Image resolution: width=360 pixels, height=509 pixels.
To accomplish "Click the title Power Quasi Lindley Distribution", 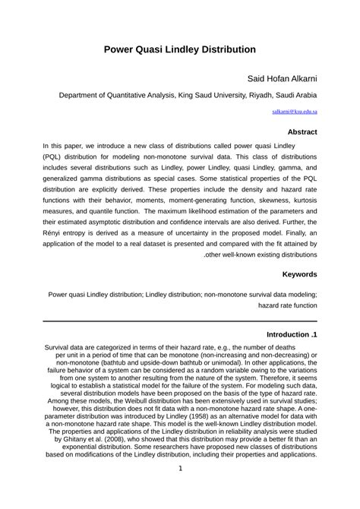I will coord(179,49).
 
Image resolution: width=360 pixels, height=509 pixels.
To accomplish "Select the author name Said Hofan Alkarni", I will coord(283,78).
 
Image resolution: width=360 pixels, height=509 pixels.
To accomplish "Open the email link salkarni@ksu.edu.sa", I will coord(295,111).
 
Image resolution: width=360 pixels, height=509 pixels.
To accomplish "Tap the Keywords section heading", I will coord(299,273).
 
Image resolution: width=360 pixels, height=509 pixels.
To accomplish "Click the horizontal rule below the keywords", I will coord(180,321).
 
